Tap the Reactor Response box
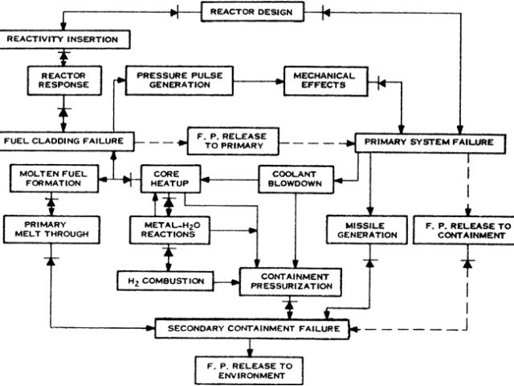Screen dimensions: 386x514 click(x=63, y=80)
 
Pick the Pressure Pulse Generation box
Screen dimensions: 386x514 click(x=174, y=80)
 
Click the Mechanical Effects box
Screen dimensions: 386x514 click(x=323, y=80)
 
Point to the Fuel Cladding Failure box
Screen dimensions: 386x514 click(x=63, y=141)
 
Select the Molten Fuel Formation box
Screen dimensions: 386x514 click(x=51, y=178)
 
